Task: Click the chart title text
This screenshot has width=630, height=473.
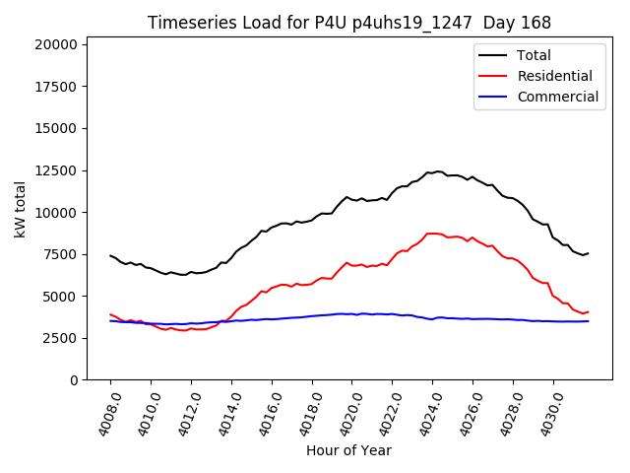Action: tap(349, 23)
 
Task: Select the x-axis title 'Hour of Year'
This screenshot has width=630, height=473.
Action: tap(348, 450)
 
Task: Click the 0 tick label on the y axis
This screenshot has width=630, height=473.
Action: tap(74, 380)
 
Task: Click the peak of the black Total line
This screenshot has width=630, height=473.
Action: tap(437, 171)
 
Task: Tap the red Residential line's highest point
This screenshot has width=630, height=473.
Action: tap(433, 234)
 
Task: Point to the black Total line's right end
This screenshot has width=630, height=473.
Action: tap(588, 253)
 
